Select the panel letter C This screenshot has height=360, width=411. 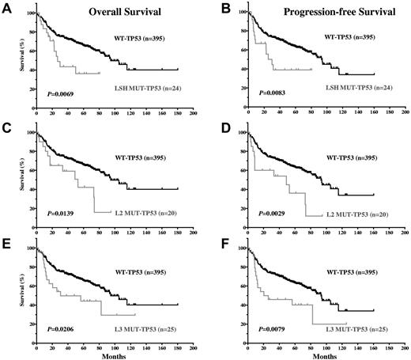pyautogui.click(x=6, y=124)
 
